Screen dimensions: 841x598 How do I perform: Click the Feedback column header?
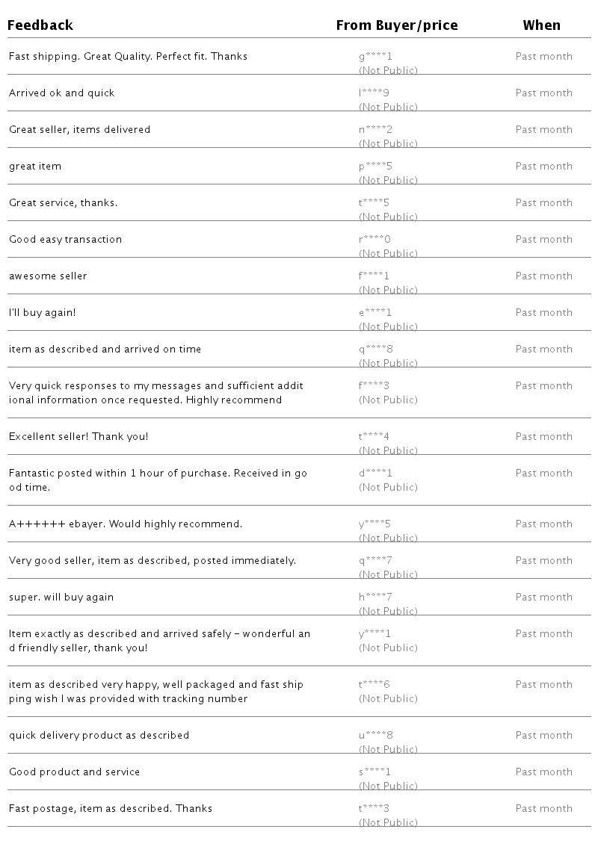click(40, 25)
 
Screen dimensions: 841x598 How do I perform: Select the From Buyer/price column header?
click(396, 25)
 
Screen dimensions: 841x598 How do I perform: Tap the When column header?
click(541, 25)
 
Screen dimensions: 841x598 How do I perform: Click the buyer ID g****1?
click(375, 57)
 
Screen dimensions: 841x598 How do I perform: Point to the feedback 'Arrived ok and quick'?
click(62, 93)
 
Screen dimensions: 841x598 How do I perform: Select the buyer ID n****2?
click(375, 130)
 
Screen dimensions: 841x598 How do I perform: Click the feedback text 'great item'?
click(35, 167)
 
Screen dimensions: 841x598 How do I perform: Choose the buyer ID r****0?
click(375, 240)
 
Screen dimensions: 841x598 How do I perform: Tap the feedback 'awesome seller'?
click(48, 276)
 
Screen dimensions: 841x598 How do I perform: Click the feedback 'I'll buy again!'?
click(43, 313)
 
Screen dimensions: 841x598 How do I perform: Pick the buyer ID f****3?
click(375, 386)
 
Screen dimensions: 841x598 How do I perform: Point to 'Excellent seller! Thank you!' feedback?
click(78, 437)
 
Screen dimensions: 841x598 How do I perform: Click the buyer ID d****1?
click(375, 474)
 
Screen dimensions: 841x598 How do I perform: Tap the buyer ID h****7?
click(375, 598)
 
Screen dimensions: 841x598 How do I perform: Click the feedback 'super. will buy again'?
click(61, 598)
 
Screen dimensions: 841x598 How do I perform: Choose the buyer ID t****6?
click(375, 685)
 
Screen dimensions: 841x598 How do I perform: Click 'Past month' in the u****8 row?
click(543, 736)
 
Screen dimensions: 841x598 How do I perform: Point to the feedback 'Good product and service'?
click(75, 772)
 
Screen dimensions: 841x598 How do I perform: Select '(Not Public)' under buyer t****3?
click(388, 823)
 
